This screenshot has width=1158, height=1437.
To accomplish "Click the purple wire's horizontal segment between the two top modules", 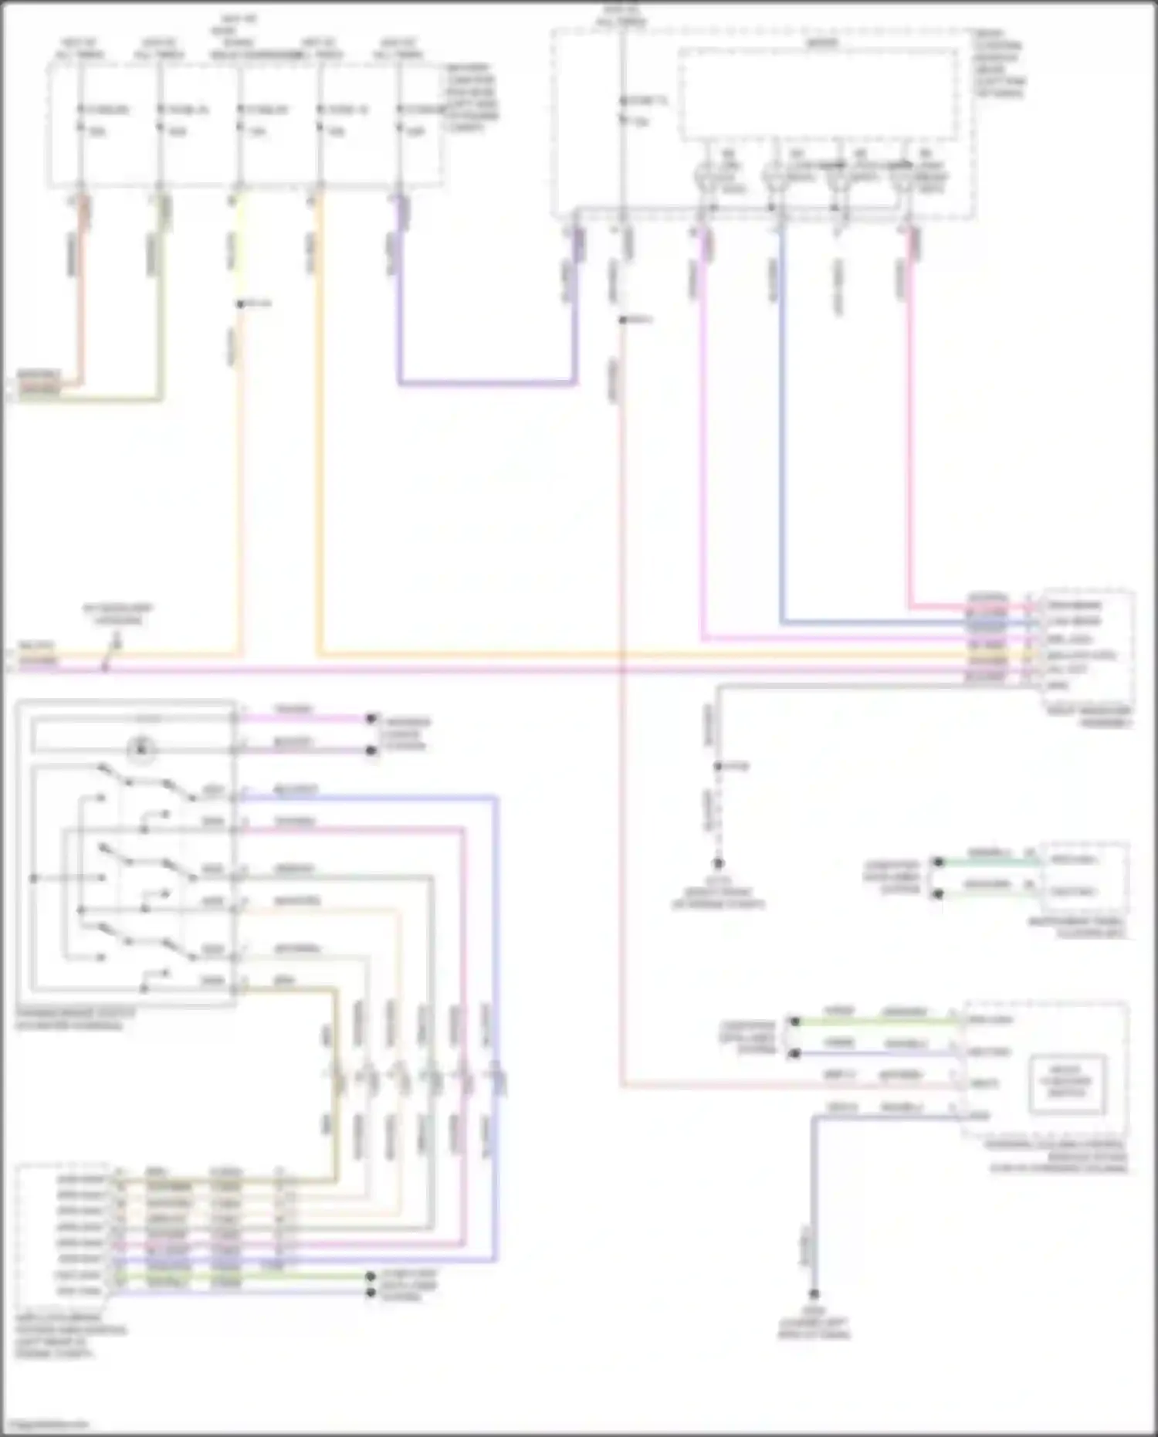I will [486, 382].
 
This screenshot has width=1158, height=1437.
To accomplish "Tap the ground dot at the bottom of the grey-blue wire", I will [814, 1294].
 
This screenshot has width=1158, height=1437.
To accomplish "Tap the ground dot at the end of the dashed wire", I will [718, 863].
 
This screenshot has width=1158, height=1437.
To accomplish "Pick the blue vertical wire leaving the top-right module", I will [781, 425].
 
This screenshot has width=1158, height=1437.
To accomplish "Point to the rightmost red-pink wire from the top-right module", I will [909, 425].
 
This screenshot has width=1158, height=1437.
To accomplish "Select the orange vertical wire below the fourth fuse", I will [320, 425].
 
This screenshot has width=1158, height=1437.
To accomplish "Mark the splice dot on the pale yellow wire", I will [240, 304].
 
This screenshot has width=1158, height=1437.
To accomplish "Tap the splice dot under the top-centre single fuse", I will [621, 320].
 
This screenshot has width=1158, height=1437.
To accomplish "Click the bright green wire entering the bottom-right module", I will [872, 1022].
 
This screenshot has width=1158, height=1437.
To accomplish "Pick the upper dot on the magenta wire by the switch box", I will [371, 718].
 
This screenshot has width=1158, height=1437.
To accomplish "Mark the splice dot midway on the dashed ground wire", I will [718, 766].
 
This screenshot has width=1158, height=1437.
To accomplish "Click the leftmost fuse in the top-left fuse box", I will [80, 120].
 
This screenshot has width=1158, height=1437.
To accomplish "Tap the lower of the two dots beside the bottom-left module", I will [371, 1293].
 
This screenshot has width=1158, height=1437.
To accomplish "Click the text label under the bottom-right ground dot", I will [814, 1328].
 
